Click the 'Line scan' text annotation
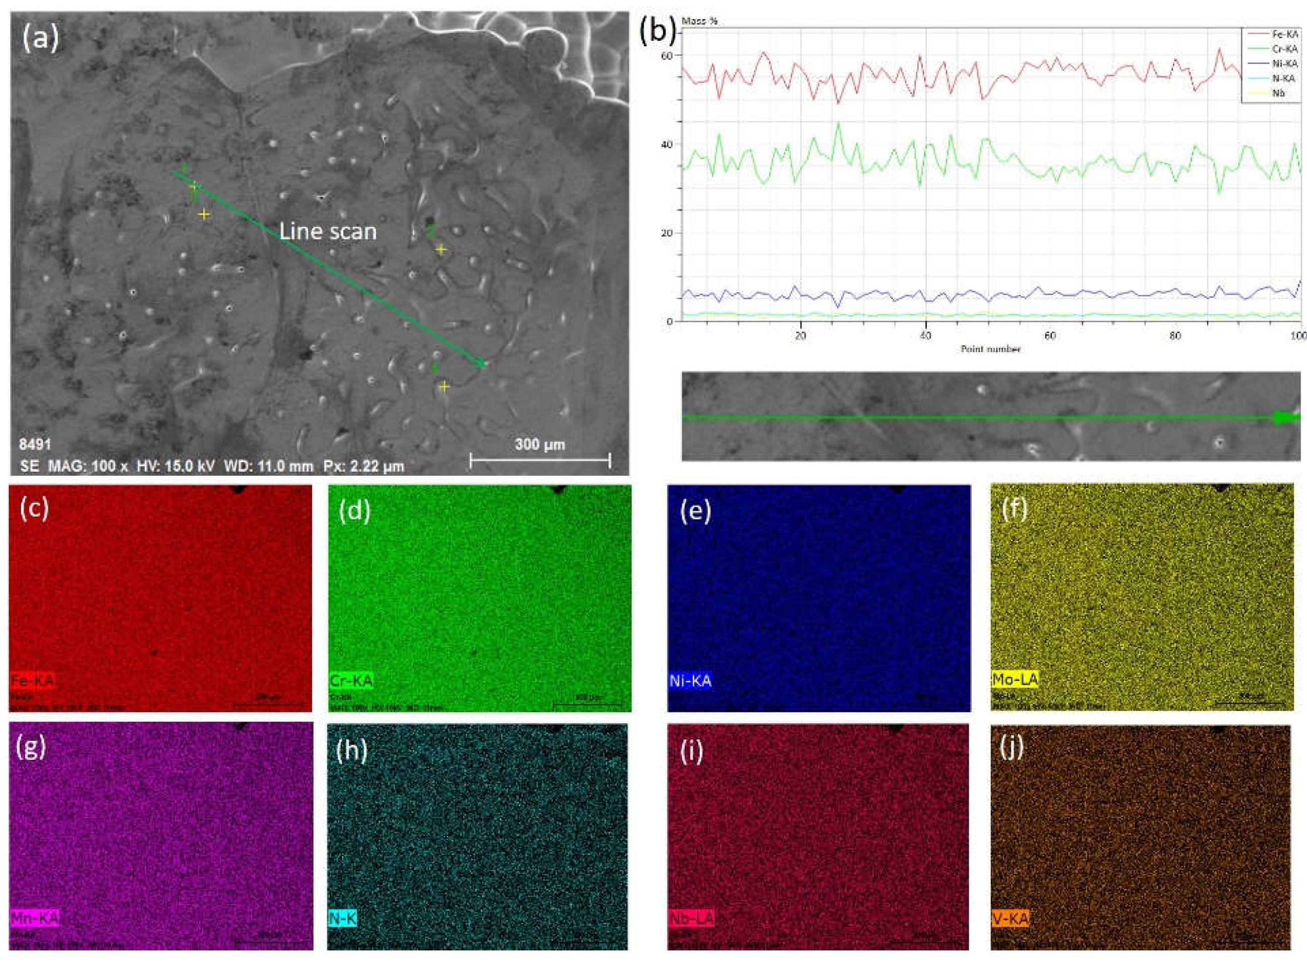coord(328,232)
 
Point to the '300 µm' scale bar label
coord(540,446)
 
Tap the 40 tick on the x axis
coord(925,336)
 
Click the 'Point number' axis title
coord(990,349)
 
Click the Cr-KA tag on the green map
coord(350,680)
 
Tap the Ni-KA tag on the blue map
coord(690,680)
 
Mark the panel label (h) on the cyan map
coord(352,751)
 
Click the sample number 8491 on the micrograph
coord(35,445)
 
